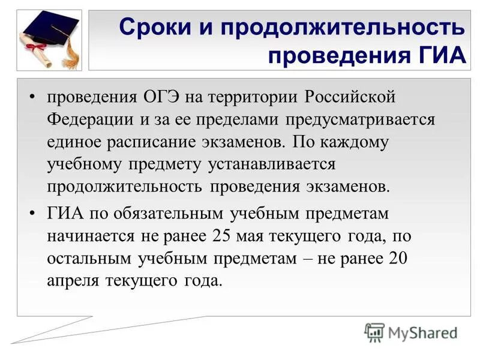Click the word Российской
pos(350,97)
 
